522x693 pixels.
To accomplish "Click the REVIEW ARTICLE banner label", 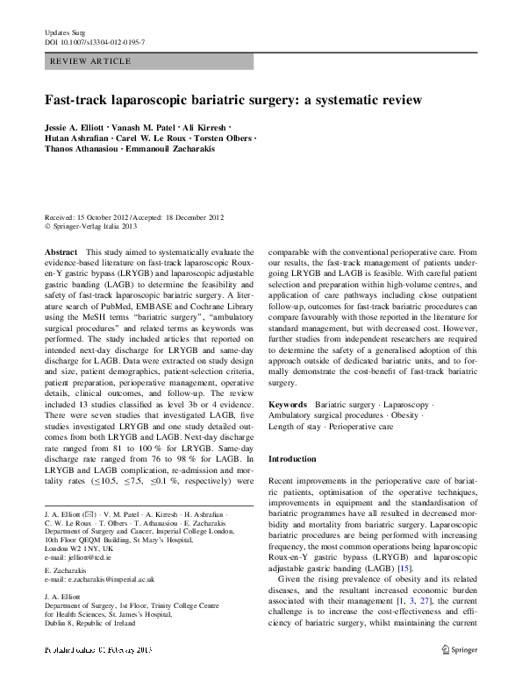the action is click(91, 61).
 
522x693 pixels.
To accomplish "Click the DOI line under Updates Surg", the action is click(95, 42).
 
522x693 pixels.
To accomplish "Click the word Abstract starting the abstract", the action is click(60, 251).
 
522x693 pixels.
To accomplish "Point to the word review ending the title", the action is click(400, 100).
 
